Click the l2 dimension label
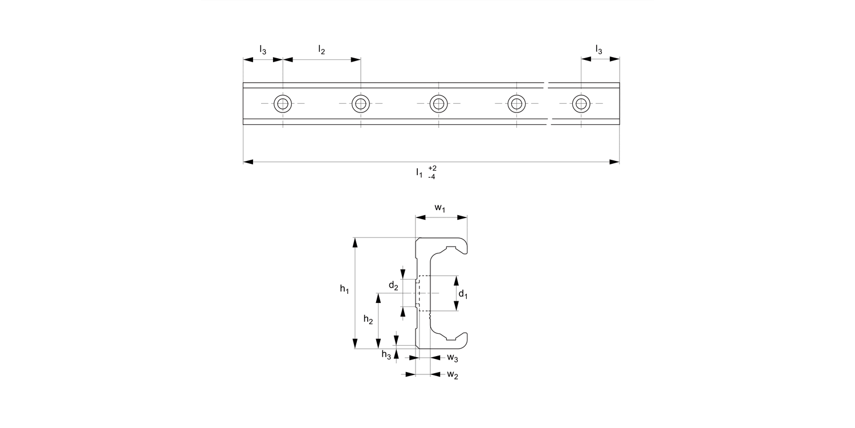point(321,50)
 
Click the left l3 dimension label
point(262,50)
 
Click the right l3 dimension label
point(598,50)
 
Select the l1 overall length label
point(420,172)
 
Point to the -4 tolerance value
point(432,176)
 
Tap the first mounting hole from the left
point(283,103)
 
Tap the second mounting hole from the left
point(360,103)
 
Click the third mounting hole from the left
point(438,103)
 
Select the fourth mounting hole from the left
point(516,103)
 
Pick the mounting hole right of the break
point(581,103)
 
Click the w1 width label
point(441,208)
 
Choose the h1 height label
point(344,289)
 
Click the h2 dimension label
point(368,321)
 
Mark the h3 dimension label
point(386,354)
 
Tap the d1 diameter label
point(463,294)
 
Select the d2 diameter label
point(393,285)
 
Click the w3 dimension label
point(452,358)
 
